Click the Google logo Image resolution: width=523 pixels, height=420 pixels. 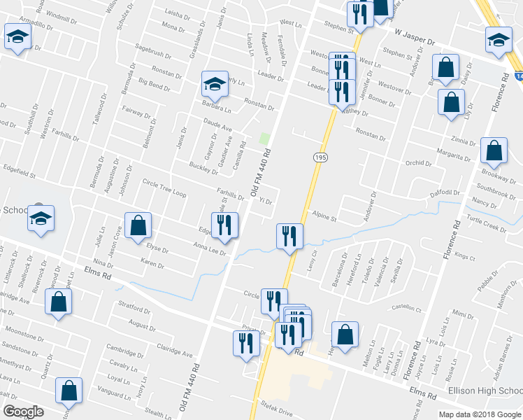tap(23, 412)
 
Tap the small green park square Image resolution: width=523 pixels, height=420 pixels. tap(264, 138)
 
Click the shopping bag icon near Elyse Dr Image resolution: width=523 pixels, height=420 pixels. tap(138, 225)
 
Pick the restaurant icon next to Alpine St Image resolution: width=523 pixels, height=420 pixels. tap(289, 236)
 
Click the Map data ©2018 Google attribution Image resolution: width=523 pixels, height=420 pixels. tap(480, 414)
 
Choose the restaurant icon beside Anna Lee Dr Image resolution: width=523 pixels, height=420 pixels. tap(226, 225)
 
